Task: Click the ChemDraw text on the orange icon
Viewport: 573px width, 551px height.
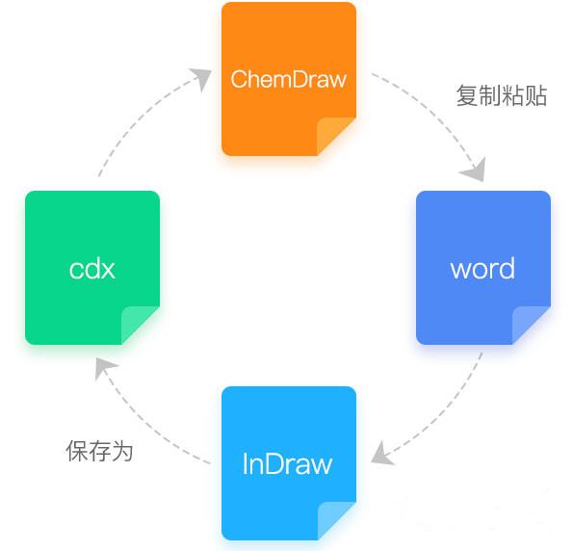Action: coord(288,79)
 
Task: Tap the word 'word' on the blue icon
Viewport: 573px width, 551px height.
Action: coord(482,269)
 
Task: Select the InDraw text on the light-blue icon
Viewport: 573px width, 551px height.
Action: coord(288,463)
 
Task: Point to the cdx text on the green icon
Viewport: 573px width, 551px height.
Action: coord(92,269)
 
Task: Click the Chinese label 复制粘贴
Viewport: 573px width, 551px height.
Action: coord(502,95)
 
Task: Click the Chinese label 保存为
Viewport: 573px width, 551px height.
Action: coord(99,451)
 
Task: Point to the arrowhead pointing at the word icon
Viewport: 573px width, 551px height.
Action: coord(475,170)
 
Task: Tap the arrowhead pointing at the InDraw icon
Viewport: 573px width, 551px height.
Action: coord(381,454)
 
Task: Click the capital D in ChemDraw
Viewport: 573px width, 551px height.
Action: coord(300,79)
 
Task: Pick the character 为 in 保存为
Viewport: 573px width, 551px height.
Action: coord(122,451)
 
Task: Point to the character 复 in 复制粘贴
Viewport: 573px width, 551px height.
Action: coord(467,95)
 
